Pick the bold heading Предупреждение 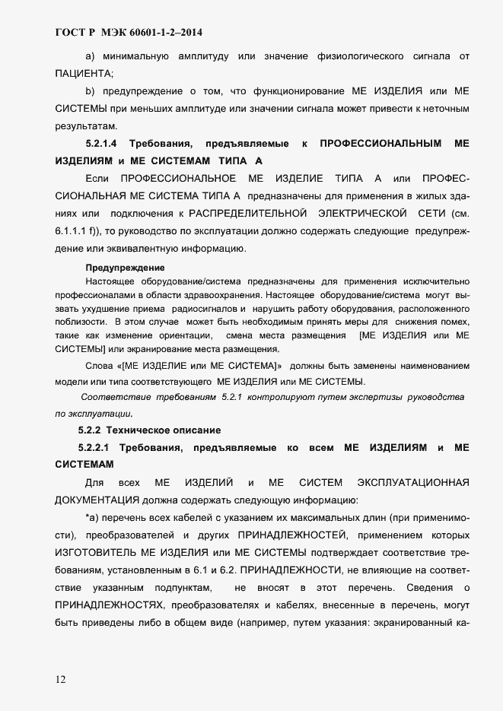(x=125, y=268)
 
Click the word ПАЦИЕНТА (x=84, y=74)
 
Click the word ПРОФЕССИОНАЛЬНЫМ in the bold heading (x=380, y=143)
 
